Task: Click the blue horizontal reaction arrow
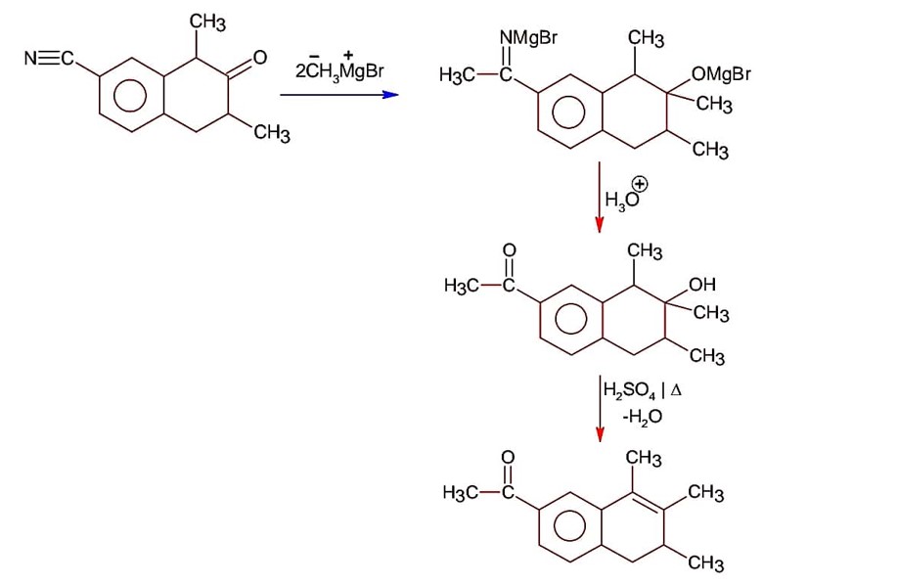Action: click(x=338, y=95)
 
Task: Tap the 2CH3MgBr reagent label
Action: click(x=337, y=70)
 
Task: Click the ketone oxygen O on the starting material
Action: click(x=259, y=59)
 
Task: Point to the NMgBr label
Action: click(x=528, y=39)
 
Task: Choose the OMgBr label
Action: click(x=720, y=74)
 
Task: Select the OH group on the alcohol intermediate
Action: click(x=702, y=286)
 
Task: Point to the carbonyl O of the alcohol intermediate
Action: click(x=508, y=250)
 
